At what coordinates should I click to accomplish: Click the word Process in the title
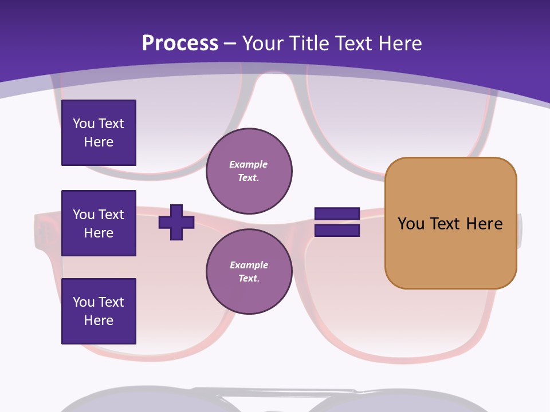(180, 43)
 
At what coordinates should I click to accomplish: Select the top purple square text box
(99, 133)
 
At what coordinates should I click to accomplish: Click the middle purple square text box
(99, 223)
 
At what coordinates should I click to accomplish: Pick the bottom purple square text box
(99, 311)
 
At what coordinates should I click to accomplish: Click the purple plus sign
(176, 222)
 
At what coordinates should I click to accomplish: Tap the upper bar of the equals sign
(337, 213)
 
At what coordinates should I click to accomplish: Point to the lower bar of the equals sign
(337, 231)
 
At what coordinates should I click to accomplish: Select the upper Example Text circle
(249, 171)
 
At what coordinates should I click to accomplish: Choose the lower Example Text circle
(249, 271)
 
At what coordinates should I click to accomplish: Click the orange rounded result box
(451, 223)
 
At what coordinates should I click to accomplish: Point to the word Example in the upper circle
(248, 164)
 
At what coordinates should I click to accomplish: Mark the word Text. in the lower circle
(249, 278)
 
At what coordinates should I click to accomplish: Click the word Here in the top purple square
(99, 142)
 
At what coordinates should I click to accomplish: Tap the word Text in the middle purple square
(112, 215)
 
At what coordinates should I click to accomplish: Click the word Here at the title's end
(400, 43)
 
